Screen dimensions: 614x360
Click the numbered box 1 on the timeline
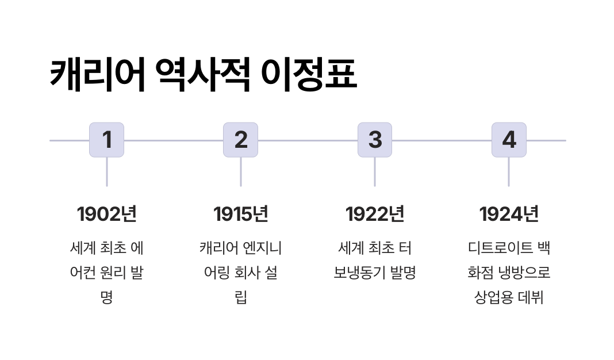(106, 140)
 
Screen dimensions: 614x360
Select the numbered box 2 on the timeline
(240, 140)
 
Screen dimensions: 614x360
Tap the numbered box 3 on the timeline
(375, 140)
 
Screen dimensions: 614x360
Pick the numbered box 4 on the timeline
(509, 140)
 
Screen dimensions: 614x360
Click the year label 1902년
(106, 214)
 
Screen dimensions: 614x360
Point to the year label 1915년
(240, 214)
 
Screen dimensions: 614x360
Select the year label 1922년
(375, 214)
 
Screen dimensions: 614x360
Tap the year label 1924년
(509, 214)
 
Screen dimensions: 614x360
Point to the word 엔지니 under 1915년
(262, 248)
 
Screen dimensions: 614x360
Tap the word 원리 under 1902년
(114, 273)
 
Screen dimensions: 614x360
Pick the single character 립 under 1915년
(241, 297)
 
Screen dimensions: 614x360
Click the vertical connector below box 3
(375, 171)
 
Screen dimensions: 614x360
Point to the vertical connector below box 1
(106, 171)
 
